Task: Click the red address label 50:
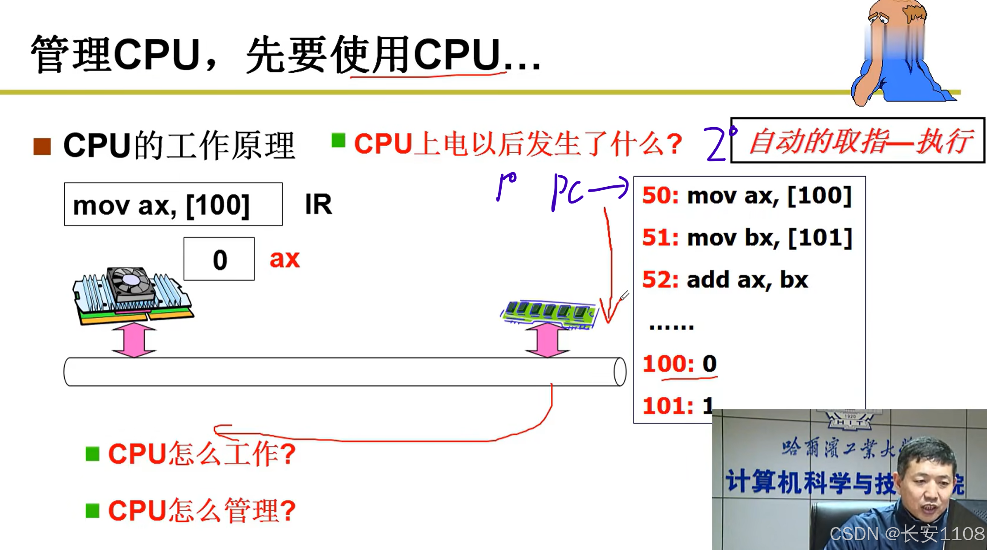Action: (660, 196)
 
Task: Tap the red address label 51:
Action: (660, 238)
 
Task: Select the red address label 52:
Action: (660, 280)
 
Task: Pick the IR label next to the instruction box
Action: (318, 205)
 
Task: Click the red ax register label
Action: (284, 259)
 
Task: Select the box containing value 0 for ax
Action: (219, 259)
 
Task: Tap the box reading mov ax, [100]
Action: (173, 204)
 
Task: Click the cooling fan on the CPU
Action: (131, 281)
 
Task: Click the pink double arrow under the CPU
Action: (134, 339)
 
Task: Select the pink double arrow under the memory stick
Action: (547, 339)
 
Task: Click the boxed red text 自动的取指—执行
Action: (857, 141)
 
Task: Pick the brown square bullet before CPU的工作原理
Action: (42, 146)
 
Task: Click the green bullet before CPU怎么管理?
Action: (92, 510)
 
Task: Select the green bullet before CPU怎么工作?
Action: (92, 453)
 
